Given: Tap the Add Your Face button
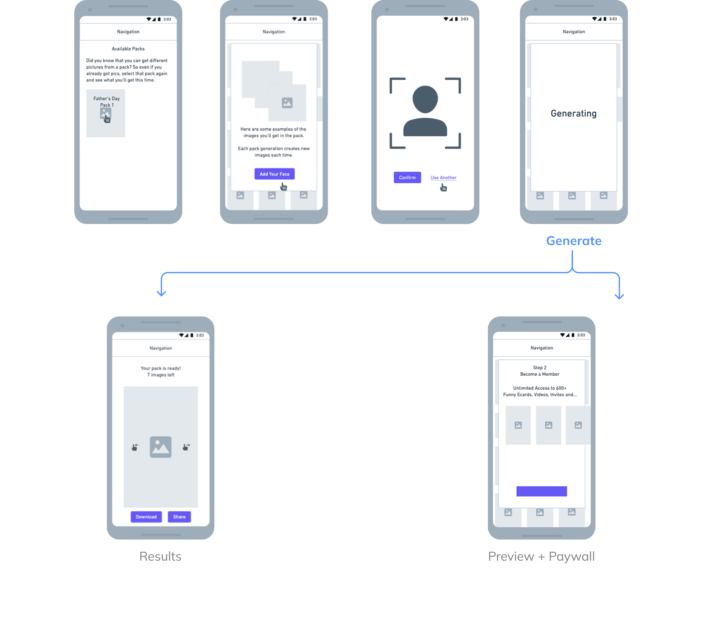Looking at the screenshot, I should click(x=275, y=174).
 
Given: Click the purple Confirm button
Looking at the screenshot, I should click(x=407, y=178).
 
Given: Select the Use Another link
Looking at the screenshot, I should click(x=443, y=178).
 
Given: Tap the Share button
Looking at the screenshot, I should click(x=179, y=517).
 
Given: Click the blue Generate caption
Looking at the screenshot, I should click(x=574, y=241).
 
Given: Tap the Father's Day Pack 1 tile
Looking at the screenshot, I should click(x=106, y=113).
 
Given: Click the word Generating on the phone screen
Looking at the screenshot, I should click(x=574, y=113).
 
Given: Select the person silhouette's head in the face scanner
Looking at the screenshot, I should click(x=425, y=99).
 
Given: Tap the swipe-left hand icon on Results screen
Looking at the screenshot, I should click(x=135, y=447).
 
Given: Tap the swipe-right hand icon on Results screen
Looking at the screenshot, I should click(x=186, y=447).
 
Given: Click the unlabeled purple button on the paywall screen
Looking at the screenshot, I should click(x=542, y=491).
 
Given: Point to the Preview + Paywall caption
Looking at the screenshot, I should click(x=541, y=556).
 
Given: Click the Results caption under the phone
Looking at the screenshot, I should click(x=160, y=556).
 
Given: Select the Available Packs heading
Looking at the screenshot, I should click(x=128, y=49).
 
